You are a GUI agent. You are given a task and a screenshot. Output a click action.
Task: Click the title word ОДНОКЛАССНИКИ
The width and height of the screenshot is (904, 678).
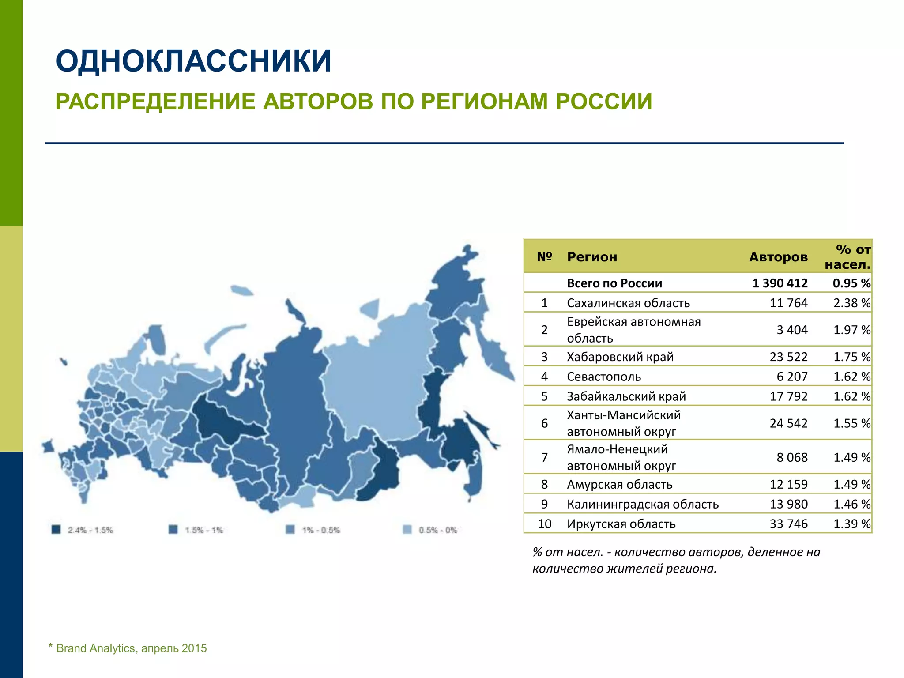click(x=193, y=61)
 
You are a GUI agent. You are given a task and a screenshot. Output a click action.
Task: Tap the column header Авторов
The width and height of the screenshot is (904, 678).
click(x=778, y=257)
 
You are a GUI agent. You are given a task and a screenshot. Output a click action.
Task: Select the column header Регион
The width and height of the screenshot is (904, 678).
click(x=591, y=257)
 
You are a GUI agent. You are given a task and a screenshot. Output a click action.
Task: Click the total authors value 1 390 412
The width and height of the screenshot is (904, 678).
click(x=780, y=283)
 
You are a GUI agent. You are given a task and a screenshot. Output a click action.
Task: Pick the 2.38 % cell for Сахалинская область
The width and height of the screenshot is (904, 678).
click(x=851, y=303)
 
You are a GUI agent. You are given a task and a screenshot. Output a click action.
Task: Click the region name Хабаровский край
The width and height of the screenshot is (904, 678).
click(x=620, y=357)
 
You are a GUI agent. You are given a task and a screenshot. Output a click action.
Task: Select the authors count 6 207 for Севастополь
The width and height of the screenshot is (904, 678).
click(x=792, y=377)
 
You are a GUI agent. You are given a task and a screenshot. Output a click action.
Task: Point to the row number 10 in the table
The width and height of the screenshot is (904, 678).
click(x=544, y=524)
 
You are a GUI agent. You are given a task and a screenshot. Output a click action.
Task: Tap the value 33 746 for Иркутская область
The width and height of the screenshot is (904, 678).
click(x=788, y=524)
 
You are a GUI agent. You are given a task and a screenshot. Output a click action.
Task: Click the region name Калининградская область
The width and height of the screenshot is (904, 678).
click(x=642, y=504)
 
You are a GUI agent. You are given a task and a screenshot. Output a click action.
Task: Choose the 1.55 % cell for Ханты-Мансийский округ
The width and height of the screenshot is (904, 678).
click(x=851, y=423)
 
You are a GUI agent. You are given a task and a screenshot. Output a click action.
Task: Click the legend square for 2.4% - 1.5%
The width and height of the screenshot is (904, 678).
click(x=56, y=530)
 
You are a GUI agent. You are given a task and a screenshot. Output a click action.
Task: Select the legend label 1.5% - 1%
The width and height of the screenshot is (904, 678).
click(x=204, y=530)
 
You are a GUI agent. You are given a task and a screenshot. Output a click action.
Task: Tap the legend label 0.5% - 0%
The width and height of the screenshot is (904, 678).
click(x=438, y=530)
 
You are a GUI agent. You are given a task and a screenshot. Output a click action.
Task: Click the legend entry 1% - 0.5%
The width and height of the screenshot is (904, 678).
click(x=321, y=530)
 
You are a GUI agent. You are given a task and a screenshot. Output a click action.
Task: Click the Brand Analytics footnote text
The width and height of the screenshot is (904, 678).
click(x=131, y=648)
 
